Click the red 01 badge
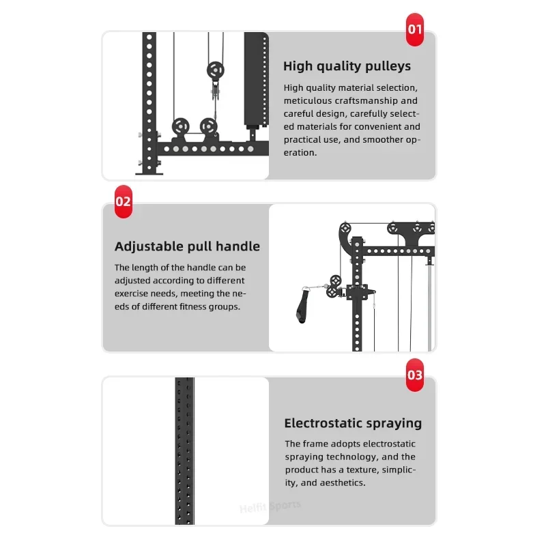(x=415, y=29)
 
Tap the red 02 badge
(x=124, y=201)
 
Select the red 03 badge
(x=415, y=375)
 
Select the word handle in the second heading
(x=238, y=246)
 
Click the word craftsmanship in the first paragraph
(x=366, y=100)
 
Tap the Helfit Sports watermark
(x=270, y=507)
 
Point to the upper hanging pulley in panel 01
(x=216, y=71)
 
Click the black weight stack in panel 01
(x=257, y=79)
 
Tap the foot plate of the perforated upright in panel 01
(x=149, y=173)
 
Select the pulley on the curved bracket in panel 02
(x=345, y=229)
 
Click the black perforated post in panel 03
(x=184, y=450)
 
